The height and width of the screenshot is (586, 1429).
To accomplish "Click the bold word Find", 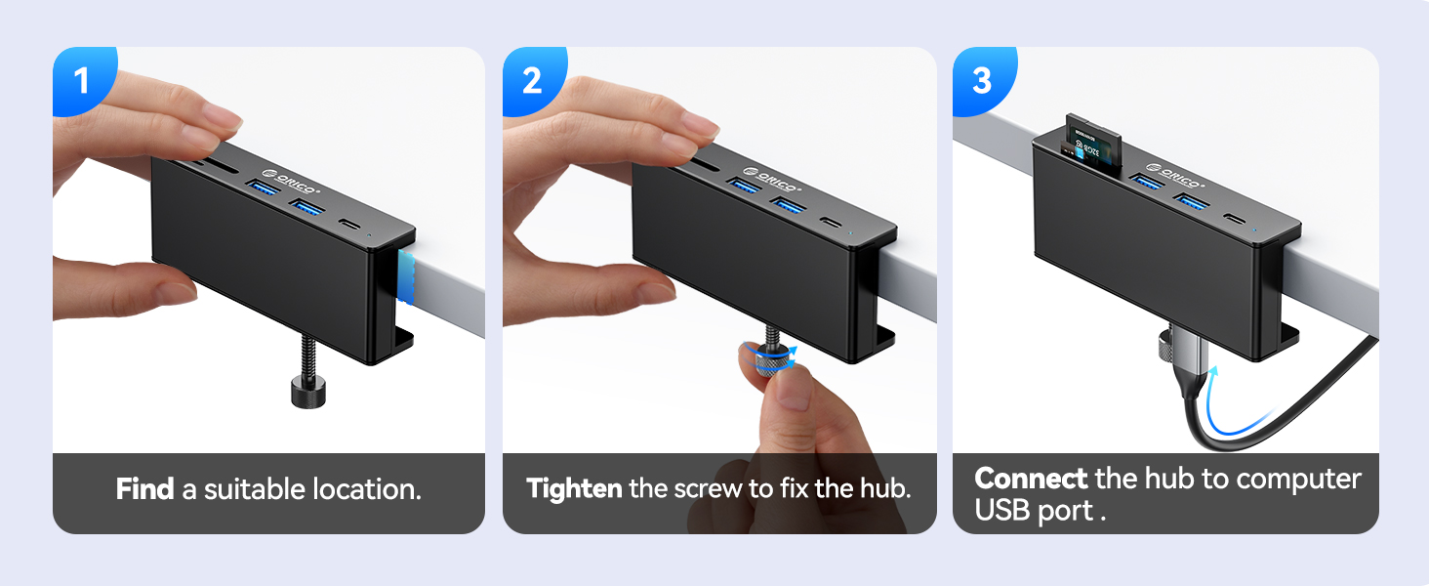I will (x=145, y=489).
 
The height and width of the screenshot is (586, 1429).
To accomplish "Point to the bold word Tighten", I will (x=574, y=488).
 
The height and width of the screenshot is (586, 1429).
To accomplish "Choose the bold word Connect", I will (x=1031, y=479).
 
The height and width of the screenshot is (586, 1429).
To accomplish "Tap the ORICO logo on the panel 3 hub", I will (x=1177, y=177).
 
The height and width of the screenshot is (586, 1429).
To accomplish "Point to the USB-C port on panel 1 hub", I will (x=347, y=225).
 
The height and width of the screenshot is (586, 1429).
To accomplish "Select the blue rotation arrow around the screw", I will (x=768, y=356).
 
